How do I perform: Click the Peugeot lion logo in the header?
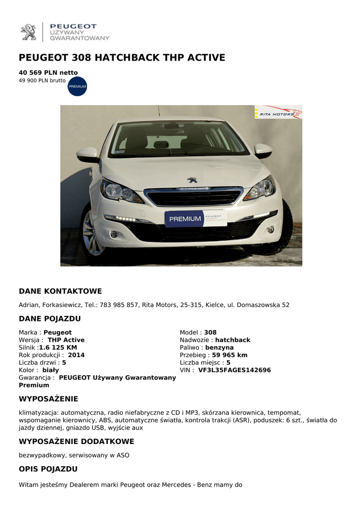point(28,32)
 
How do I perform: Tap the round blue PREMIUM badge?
point(77,86)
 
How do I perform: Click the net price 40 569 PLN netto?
point(48,72)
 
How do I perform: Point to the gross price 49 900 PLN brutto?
point(42,80)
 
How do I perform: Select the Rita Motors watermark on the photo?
point(278,113)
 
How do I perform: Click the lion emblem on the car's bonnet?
point(192,180)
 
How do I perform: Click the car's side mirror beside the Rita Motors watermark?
point(262,150)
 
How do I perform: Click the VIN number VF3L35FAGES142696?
point(234,370)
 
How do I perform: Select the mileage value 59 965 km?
point(229,355)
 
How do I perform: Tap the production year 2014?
point(76,355)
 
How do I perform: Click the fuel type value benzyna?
point(219,348)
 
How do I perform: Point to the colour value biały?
point(51,370)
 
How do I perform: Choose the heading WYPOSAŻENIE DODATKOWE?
point(76,442)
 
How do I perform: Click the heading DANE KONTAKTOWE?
point(60,291)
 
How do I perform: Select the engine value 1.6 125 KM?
point(58,348)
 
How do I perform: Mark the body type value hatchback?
point(232,340)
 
